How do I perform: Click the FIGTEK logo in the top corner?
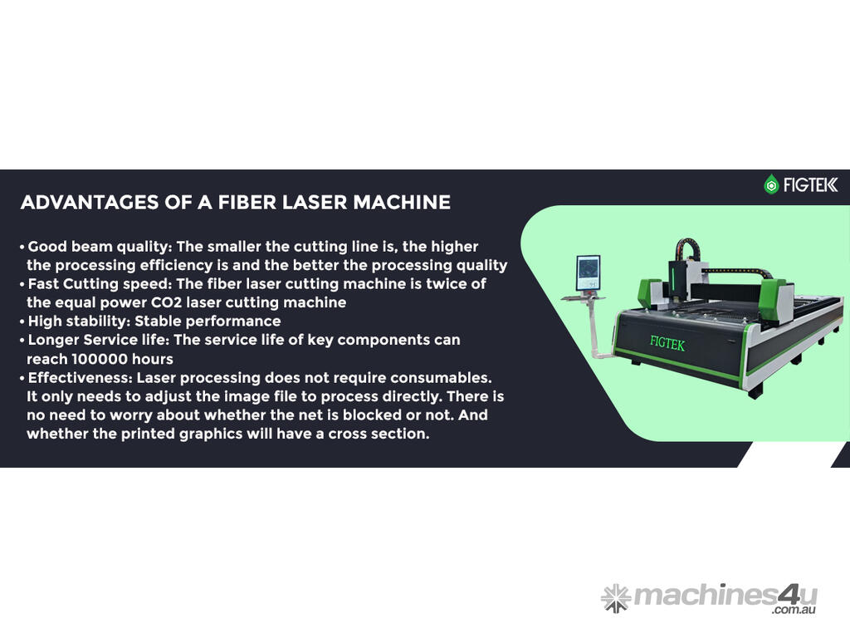(801, 184)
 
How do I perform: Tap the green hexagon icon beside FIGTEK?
(771, 184)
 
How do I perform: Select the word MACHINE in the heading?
(402, 203)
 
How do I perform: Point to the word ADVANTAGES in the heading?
(90, 203)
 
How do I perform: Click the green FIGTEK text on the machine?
(667, 343)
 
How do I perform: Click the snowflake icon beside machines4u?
(616, 599)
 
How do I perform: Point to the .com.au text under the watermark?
(794, 610)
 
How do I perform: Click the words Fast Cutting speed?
(100, 284)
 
